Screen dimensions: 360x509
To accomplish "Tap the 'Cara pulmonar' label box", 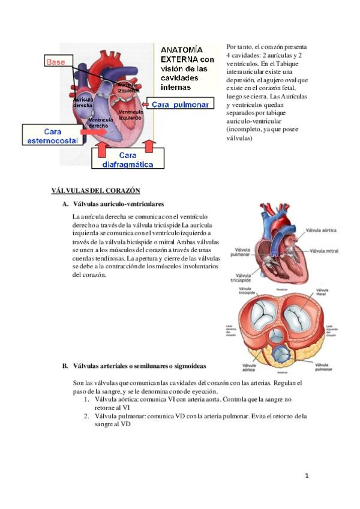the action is pyautogui.click(x=180, y=104).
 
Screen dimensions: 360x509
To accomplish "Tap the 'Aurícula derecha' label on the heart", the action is pyautogui.click(x=82, y=103).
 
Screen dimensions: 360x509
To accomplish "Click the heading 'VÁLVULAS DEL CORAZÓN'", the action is pyautogui.click(x=95, y=191).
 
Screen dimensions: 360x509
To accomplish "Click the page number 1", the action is pyautogui.click(x=307, y=476).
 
